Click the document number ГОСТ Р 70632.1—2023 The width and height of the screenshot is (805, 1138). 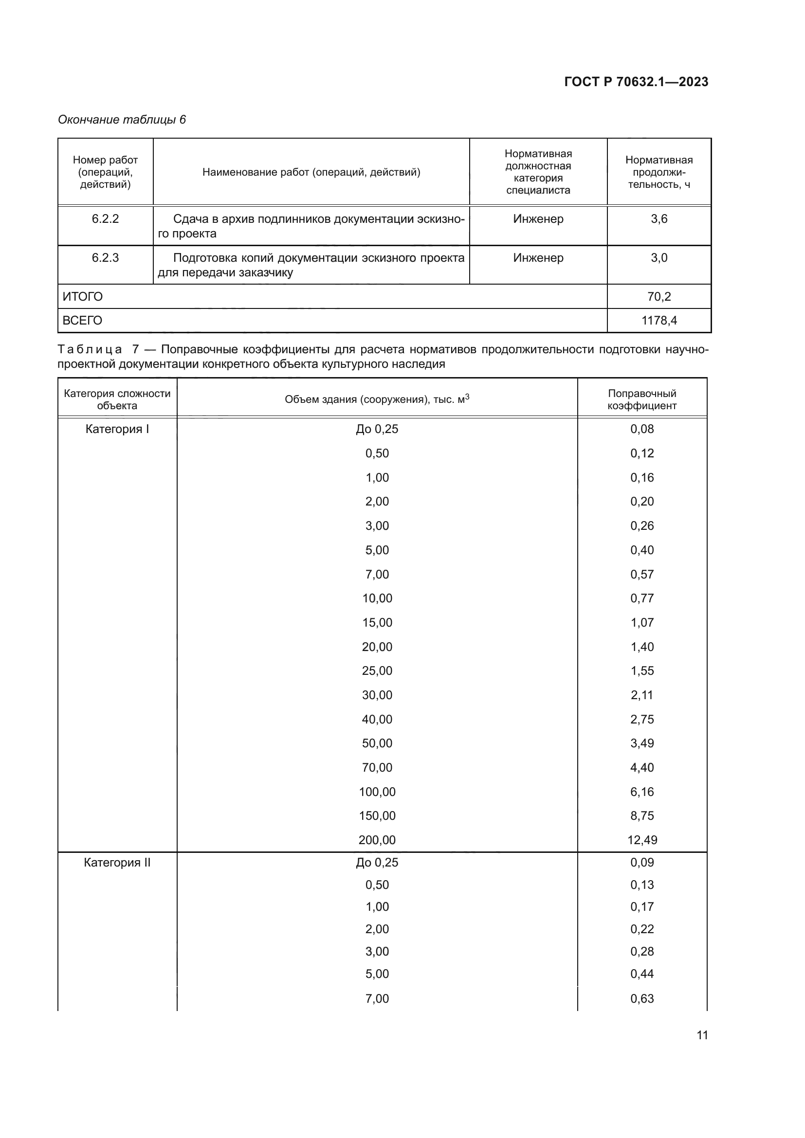tap(636, 82)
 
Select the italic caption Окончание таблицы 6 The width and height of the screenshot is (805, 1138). tap(122, 120)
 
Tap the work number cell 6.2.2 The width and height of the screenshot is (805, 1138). tap(105, 219)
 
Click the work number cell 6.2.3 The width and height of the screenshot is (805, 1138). tap(105, 258)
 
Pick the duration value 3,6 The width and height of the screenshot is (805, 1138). tap(659, 219)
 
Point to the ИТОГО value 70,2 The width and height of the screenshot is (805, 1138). tap(659, 296)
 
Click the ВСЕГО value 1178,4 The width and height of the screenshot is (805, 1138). tap(659, 320)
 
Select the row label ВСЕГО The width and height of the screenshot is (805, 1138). tap(82, 320)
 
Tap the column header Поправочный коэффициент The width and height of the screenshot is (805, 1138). tap(642, 399)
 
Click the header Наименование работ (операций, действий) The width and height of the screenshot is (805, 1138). tap(311, 172)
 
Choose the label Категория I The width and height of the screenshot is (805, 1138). tap(117, 429)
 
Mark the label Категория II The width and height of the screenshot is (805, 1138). tap(117, 863)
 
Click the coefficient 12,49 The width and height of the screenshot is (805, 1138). tap(642, 840)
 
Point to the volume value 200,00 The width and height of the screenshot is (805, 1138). tap(377, 840)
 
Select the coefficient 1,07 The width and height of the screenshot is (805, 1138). tap(642, 623)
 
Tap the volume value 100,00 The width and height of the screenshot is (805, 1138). tap(377, 792)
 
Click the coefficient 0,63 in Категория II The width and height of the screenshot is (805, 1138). tap(642, 998)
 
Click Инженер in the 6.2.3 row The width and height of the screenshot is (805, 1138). tap(538, 258)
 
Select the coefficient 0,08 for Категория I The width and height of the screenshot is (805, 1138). tap(642, 429)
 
